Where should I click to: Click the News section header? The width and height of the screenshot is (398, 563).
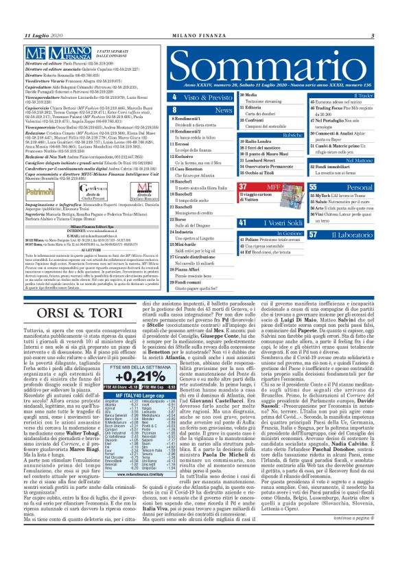click(223, 109)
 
